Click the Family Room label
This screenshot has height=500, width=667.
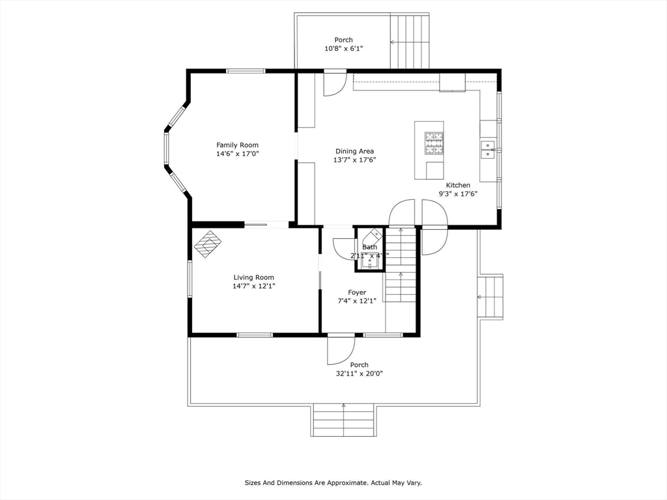(x=237, y=145)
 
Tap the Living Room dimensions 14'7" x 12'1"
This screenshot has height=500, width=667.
(x=253, y=286)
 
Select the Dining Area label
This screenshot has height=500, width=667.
(x=354, y=151)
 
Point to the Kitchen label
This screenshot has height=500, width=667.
(x=458, y=185)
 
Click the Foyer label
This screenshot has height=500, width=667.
(x=357, y=292)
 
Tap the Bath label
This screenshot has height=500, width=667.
(x=369, y=247)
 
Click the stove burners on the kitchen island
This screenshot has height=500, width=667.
(x=433, y=143)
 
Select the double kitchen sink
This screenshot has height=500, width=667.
(x=487, y=149)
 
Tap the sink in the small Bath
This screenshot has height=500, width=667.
(x=369, y=264)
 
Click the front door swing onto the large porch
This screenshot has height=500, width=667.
(x=341, y=351)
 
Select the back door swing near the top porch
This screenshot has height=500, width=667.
(x=335, y=85)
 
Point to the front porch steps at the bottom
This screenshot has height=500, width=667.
(x=343, y=420)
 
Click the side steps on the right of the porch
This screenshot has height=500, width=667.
(x=490, y=297)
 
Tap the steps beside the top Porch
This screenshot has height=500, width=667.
(x=410, y=41)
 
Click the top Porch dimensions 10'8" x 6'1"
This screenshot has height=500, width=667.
(x=344, y=48)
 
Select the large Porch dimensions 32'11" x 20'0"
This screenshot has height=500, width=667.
(x=359, y=374)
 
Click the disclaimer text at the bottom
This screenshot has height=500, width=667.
(x=333, y=482)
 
